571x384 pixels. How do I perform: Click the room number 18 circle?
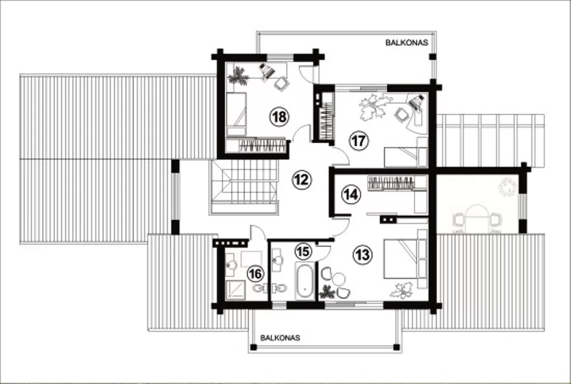pyautogui.click(x=279, y=117)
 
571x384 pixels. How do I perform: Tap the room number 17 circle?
pyautogui.click(x=359, y=140)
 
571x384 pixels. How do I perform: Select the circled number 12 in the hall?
pyautogui.click(x=302, y=179)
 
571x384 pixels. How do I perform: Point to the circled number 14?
pyautogui.click(x=351, y=195)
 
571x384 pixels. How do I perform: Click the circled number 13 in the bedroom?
pyautogui.click(x=363, y=254)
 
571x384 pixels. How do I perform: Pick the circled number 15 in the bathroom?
pyautogui.click(x=303, y=251)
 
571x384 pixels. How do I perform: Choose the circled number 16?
pyautogui.click(x=255, y=274)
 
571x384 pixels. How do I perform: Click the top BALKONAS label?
pyautogui.click(x=407, y=43)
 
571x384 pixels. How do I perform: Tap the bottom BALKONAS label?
pyautogui.click(x=280, y=338)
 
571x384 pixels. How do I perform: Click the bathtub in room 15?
pyautogui.click(x=304, y=281)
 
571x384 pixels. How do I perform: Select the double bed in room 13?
pyautogui.click(x=405, y=259)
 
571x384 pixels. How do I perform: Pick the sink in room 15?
pyautogui.click(x=278, y=260)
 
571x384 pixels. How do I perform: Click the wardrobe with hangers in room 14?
pyautogui.click(x=391, y=183)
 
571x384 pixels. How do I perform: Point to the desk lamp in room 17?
pyautogui.click(x=416, y=102)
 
